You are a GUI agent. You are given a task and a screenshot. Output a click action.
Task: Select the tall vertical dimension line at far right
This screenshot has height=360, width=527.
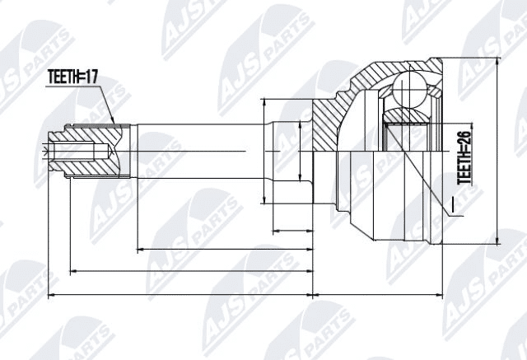pyautogui.click(x=499, y=152)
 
